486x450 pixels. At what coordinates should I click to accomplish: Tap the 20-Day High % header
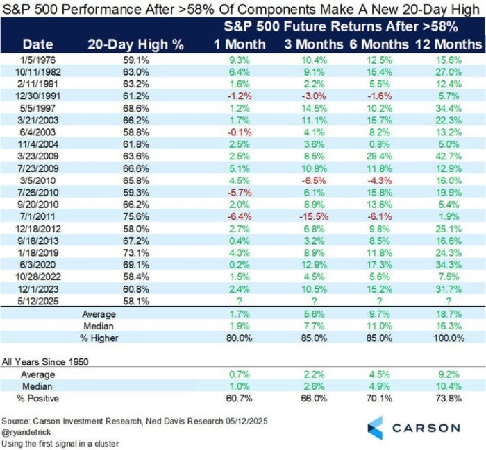(135, 44)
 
